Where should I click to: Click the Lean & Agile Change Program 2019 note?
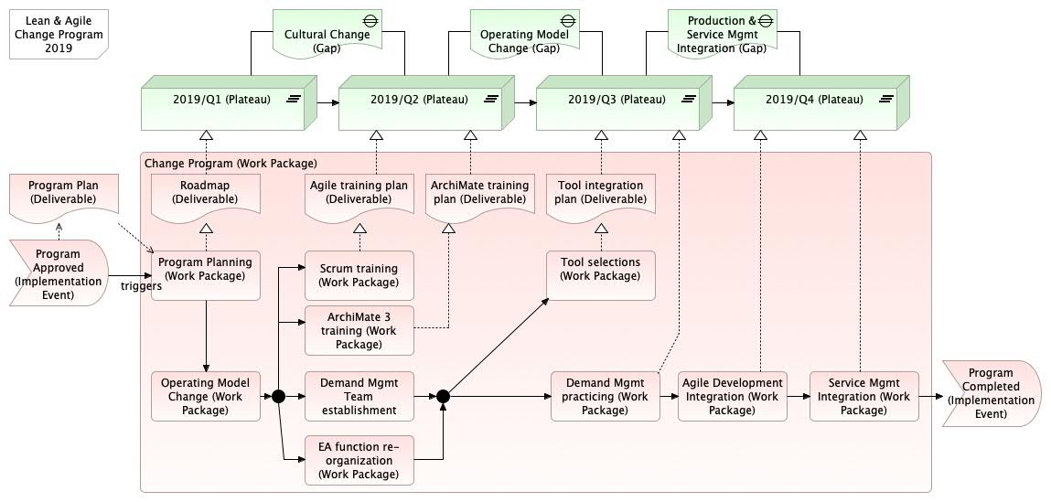59,34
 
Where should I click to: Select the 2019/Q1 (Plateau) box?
230,102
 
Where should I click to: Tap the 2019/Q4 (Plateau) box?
821,102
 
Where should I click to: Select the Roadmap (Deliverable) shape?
205,194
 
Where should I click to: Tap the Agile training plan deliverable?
359,194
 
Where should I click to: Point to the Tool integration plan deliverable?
601,194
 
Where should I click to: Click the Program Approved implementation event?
59,272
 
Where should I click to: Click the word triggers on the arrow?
142,286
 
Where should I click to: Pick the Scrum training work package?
359,275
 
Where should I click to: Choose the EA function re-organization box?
359,460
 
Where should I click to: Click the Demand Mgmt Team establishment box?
359,396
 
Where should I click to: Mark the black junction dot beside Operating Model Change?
279,397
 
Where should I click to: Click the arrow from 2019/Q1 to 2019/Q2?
328,102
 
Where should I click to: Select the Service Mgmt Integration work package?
864,396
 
